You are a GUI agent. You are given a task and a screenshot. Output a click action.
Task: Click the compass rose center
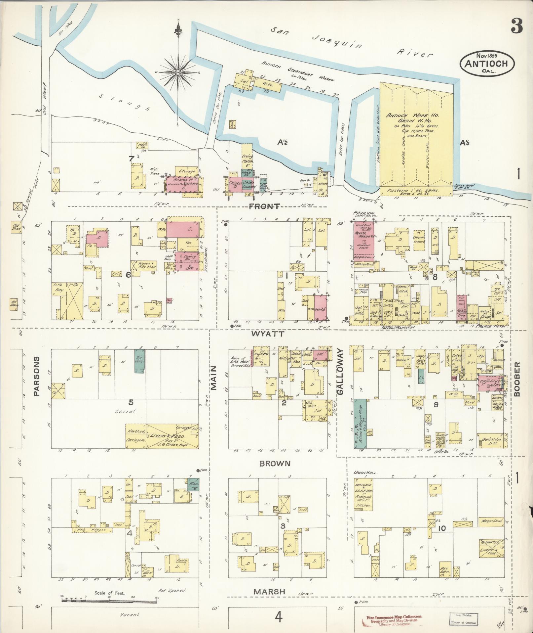point(178,72)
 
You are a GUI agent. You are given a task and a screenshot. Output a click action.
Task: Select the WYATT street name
point(268,334)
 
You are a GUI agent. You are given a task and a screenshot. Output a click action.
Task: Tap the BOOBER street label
point(517,379)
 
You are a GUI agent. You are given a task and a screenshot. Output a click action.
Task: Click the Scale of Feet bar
point(109,599)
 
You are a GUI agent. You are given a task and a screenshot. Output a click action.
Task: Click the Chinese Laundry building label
point(248,184)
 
